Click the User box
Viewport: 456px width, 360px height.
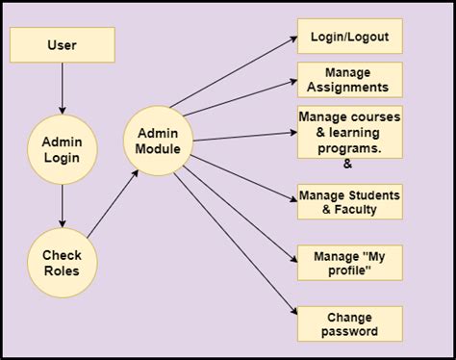click(63, 44)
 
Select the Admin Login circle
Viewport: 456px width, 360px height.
click(63, 149)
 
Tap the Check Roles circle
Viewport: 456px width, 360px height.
click(63, 263)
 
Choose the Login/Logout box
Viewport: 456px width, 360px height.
click(349, 36)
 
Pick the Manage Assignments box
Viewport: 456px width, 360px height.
click(349, 80)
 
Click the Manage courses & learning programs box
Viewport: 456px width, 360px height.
click(349, 131)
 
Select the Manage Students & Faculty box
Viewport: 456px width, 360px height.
click(349, 202)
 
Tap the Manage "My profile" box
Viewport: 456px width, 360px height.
click(349, 263)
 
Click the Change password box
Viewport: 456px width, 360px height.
click(349, 323)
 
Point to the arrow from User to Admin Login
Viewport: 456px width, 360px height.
click(63, 89)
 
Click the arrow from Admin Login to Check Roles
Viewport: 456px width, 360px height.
click(63, 204)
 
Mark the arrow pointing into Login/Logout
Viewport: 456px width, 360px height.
click(241, 72)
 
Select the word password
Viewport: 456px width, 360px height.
click(349, 332)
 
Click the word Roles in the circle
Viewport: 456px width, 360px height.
click(63, 271)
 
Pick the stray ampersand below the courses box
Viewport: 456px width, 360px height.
click(348, 165)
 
